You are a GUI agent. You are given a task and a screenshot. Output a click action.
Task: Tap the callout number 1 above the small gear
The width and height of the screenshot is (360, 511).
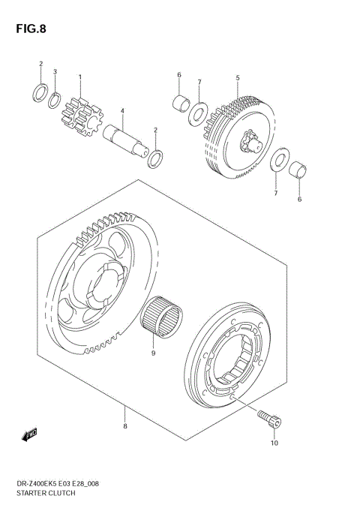click(x=80, y=77)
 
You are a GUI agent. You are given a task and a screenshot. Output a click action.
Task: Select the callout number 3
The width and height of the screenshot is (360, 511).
click(x=55, y=72)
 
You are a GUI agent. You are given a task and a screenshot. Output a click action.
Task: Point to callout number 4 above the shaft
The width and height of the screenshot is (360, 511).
click(x=121, y=112)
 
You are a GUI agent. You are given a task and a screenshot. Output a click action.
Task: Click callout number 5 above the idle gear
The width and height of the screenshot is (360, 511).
click(x=237, y=77)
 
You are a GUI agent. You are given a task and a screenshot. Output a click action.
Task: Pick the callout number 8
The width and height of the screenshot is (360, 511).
click(x=125, y=427)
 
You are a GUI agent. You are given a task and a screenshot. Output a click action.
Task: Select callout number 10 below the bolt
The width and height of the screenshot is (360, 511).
click(x=274, y=443)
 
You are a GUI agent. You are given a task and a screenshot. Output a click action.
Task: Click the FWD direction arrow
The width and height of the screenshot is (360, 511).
click(x=31, y=434)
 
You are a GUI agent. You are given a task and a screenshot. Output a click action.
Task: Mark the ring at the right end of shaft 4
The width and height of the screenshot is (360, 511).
click(x=157, y=158)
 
